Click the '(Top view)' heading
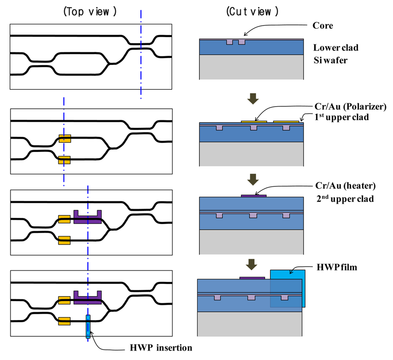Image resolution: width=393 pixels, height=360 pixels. (x=89, y=12)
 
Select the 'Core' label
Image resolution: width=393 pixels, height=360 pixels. (x=322, y=26)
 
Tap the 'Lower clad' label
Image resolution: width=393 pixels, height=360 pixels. (x=336, y=48)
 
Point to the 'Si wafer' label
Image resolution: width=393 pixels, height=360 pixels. (x=330, y=60)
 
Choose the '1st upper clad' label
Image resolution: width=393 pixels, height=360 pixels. (x=340, y=117)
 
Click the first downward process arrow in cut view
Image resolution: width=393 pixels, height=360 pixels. (x=253, y=99)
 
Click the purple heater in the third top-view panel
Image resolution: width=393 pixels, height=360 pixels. (x=88, y=218)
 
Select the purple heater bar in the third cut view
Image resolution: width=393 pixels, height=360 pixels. (x=253, y=196)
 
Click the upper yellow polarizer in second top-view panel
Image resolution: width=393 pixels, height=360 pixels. (x=64, y=138)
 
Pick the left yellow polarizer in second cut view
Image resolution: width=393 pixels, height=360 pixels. (x=254, y=121)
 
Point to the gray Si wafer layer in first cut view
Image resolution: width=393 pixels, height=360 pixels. (x=252, y=67)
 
